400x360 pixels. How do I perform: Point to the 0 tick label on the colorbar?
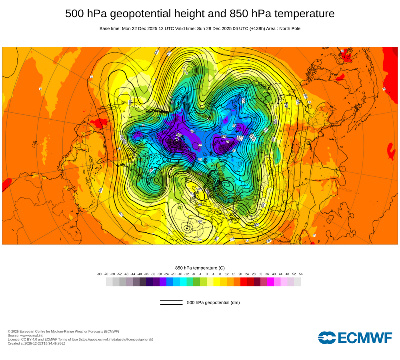click(207, 274)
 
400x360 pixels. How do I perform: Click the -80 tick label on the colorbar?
click(99, 274)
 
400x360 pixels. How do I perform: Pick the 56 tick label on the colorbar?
click(300, 274)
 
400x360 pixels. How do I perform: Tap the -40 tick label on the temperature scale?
click(140, 274)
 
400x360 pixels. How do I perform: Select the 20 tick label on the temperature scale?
click(240, 274)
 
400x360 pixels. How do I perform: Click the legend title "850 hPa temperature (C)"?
click(200, 268)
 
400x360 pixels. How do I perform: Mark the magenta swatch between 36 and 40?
click(270, 282)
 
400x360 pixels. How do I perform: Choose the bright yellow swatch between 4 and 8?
click(217, 282)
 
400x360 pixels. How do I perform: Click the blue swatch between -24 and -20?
click(170, 282)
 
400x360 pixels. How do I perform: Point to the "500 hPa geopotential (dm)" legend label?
click(213, 302)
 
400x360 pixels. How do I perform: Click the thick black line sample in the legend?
click(171, 304)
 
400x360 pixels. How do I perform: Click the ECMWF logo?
click(355, 338)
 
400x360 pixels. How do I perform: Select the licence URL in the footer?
click(116, 339)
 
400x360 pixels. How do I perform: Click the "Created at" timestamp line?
click(36, 343)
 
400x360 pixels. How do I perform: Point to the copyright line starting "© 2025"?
click(63, 331)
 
